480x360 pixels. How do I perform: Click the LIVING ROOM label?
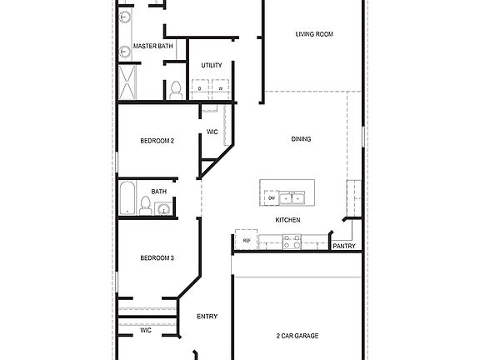[314, 34]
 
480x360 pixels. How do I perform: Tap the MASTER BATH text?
[152, 47]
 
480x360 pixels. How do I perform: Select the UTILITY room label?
[211, 66]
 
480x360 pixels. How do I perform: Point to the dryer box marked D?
[200, 87]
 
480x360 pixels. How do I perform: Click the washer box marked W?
[221, 87]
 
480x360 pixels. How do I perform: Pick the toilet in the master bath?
[175, 90]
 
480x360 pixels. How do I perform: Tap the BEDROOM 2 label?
[157, 141]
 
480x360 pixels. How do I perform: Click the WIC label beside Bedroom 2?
[212, 132]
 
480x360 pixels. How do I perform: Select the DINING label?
[301, 139]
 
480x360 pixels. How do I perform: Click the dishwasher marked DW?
[272, 197]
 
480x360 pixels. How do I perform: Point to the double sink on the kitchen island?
[292, 197]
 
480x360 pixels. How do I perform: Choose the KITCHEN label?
[288, 220]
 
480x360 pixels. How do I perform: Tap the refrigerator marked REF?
[246, 241]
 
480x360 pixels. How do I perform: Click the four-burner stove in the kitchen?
[292, 242]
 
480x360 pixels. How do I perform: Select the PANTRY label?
[345, 247]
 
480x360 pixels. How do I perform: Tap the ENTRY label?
[207, 317]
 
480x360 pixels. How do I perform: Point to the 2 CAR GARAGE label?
[297, 336]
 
